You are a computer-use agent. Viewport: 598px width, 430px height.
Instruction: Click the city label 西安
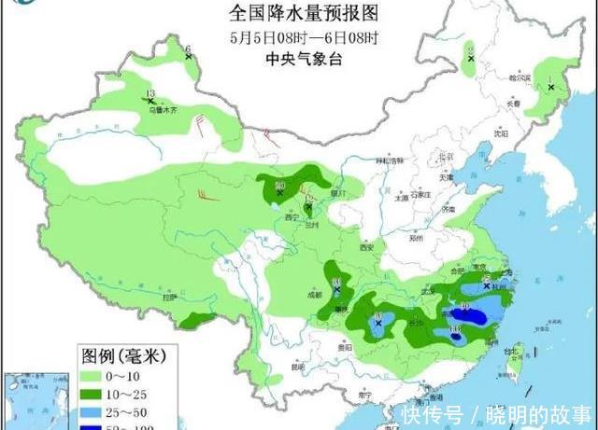365,247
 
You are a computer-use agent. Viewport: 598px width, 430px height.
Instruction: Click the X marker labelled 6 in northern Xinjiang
190,57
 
